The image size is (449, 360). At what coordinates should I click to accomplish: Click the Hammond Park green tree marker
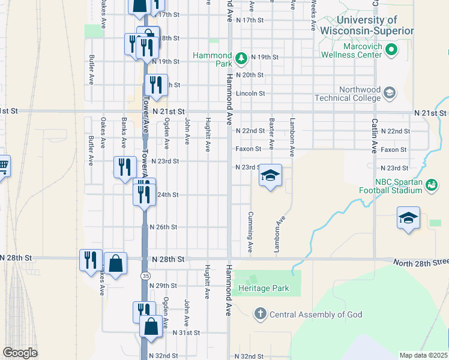tap(241, 58)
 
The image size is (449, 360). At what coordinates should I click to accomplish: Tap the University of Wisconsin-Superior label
tap(367, 25)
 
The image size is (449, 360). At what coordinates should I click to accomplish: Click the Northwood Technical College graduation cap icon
tap(390, 92)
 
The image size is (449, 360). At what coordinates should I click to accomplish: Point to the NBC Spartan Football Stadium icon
tap(431, 186)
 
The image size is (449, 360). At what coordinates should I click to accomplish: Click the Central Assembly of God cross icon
tap(261, 313)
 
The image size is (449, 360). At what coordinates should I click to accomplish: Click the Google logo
tap(20, 353)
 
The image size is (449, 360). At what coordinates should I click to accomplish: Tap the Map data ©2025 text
tap(423, 355)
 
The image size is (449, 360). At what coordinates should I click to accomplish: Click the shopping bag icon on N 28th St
tap(115, 263)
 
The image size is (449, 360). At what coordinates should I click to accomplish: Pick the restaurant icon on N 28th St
tap(91, 260)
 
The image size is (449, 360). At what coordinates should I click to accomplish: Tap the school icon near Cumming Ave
tap(270, 175)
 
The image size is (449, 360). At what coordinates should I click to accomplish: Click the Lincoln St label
tap(250, 94)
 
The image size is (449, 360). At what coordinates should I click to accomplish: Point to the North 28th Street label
tap(420, 262)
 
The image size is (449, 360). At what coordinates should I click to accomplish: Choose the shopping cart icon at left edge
tap(3, 165)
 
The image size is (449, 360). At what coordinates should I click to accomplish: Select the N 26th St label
tap(163, 227)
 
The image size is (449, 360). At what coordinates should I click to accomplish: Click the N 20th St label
tap(250, 75)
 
